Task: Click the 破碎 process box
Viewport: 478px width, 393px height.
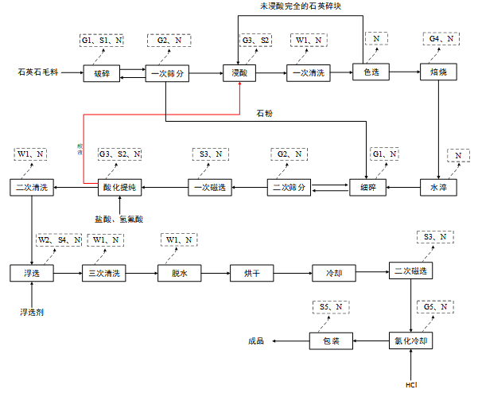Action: point(102,73)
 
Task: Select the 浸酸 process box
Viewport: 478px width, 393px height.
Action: point(239,73)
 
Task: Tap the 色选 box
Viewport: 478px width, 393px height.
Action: point(372,73)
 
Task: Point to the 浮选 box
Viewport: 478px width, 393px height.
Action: point(32,273)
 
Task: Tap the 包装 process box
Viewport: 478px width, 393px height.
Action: point(330,341)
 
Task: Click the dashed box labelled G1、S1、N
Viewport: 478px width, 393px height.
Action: point(103,39)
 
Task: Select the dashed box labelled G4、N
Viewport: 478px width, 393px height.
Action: point(441,39)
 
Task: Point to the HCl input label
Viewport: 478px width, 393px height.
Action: point(411,385)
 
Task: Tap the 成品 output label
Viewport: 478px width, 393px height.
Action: point(256,341)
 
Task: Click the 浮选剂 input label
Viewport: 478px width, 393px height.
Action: point(32,313)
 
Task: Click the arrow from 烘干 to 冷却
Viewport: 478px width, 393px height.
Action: point(293,273)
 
